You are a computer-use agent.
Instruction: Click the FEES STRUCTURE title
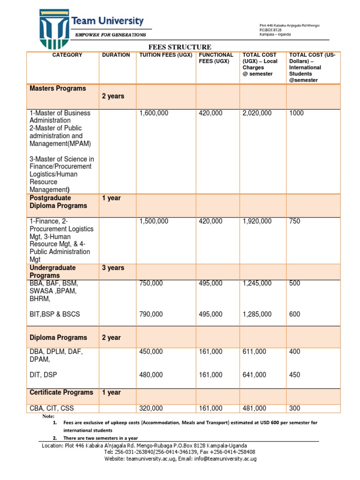(x=180, y=47)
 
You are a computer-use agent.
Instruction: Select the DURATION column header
(x=116, y=55)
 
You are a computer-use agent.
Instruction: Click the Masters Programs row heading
(x=58, y=89)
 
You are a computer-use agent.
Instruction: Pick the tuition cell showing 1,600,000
(x=154, y=113)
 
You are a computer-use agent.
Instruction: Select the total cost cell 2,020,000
(x=257, y=113)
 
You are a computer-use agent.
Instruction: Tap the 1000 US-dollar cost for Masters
(x=297, y=113)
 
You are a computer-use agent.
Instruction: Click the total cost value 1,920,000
(x=257, y=221)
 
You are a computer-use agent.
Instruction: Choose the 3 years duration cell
(x=113, y=268)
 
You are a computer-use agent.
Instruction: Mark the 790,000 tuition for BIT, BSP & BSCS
(x=151, y=314)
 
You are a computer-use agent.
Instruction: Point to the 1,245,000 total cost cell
(x=257, y=283)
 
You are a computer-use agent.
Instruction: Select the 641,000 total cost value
(x=254, y=375)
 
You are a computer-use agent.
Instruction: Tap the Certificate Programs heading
(x=61, y=392)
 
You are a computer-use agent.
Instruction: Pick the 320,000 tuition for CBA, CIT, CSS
(x=151, y=408)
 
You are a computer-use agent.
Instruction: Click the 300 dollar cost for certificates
(x=294, y=408)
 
